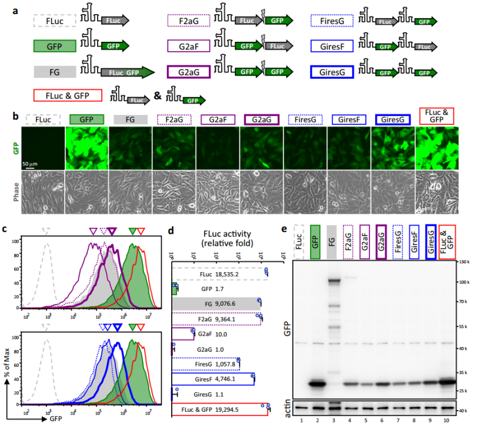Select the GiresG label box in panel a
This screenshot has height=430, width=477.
coord(332,71)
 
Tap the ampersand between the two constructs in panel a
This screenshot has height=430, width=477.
coord(158,94)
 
